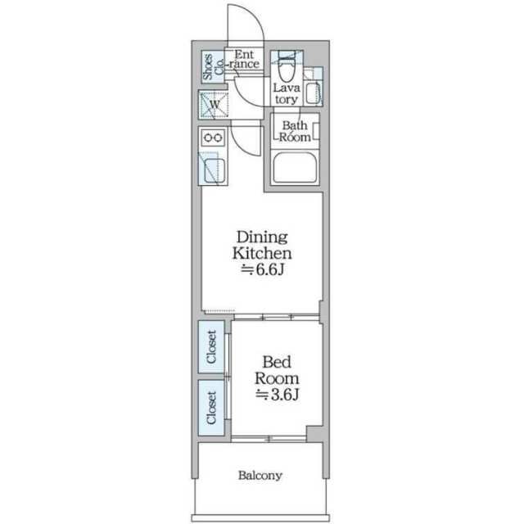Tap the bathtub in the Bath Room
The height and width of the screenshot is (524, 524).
point(295,167)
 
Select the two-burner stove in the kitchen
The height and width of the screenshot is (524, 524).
point(213,138)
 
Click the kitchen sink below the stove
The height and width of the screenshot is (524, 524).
point(214,171)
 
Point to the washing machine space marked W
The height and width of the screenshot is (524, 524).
point(214,105)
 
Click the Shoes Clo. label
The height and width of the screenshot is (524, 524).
point(213,66)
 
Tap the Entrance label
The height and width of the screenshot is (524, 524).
point(244,59)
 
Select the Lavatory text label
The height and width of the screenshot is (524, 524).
point(286,93)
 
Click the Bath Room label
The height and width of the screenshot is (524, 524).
point(295,131)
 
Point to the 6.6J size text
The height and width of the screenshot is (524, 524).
point(263,269)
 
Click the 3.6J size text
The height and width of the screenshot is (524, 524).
point(278,395)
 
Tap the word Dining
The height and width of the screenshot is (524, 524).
point(262,237)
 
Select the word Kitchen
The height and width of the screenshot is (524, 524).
point(262,253)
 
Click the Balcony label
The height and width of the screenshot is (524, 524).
point(260,475)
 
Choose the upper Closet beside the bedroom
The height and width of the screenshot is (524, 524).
point(211,346)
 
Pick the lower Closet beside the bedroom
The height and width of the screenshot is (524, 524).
point(211,408)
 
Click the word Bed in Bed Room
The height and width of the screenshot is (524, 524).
point(277,362)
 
